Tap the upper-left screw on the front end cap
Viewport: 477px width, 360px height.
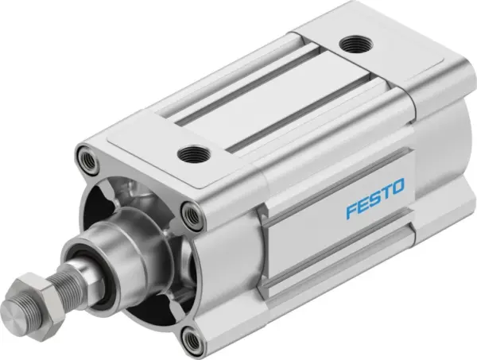(87, 159)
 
